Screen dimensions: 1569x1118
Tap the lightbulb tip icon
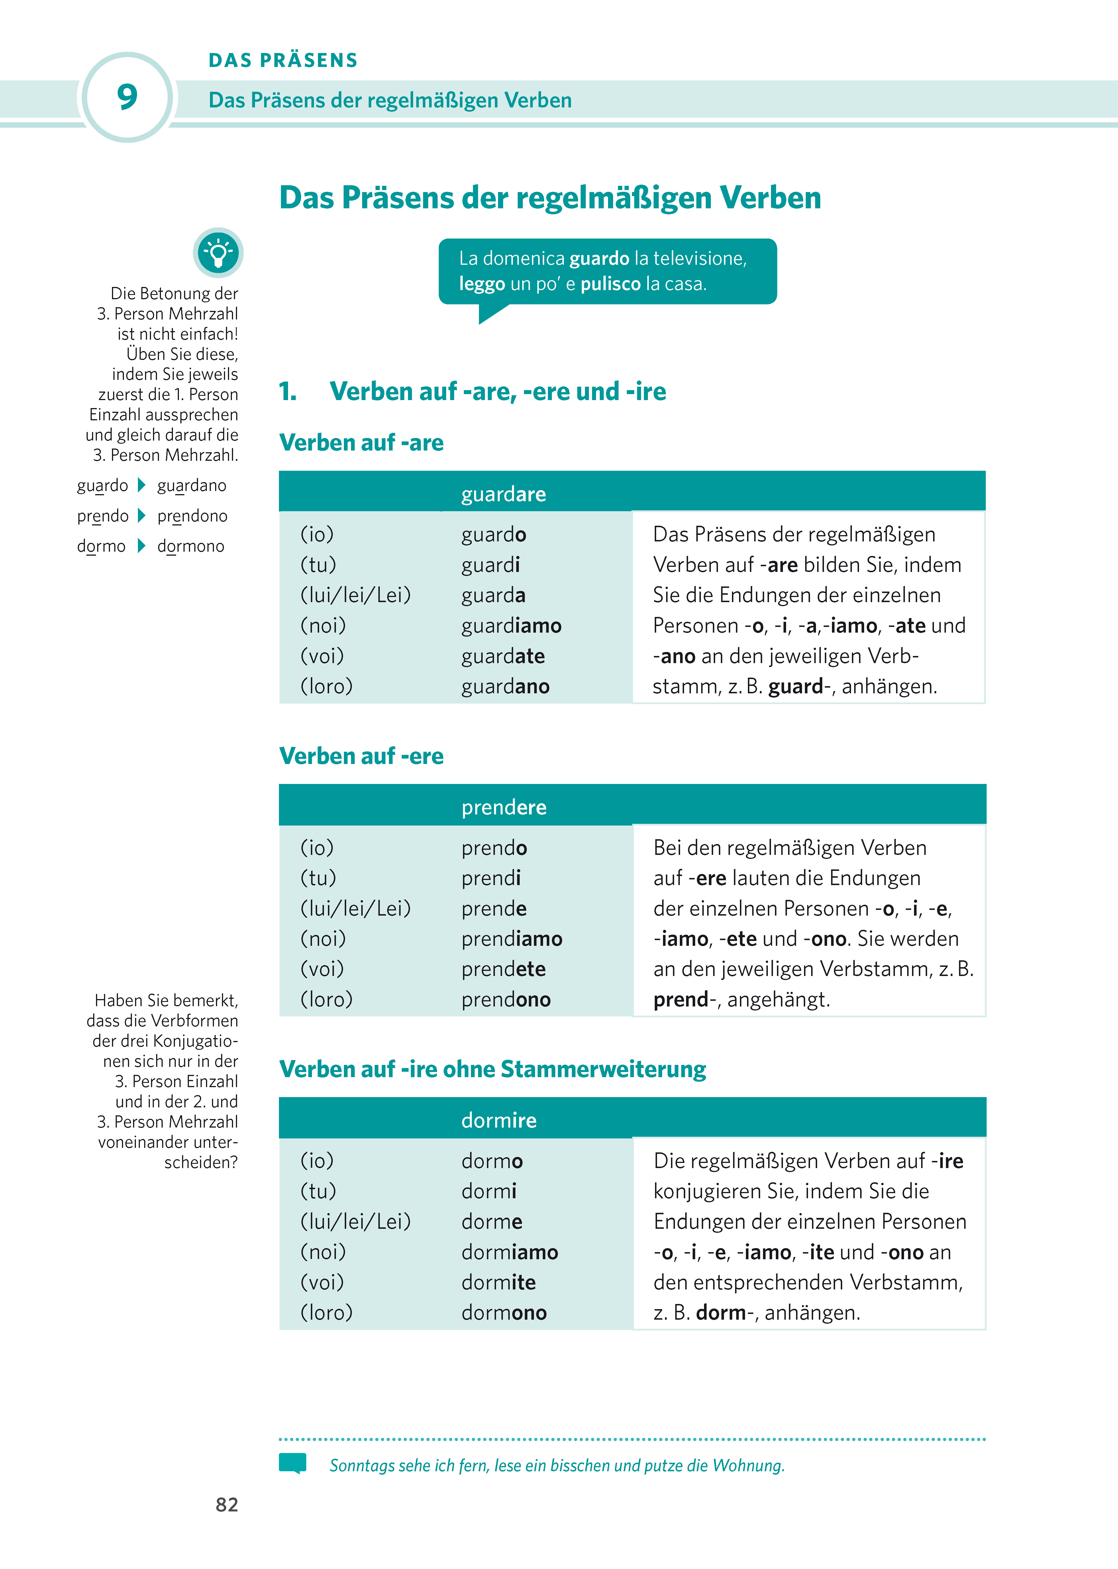pos(218,252)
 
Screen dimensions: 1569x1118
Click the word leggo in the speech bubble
pos(482,284)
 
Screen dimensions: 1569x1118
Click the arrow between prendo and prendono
pos(142,516)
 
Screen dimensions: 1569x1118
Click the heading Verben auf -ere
pos(362,756)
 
